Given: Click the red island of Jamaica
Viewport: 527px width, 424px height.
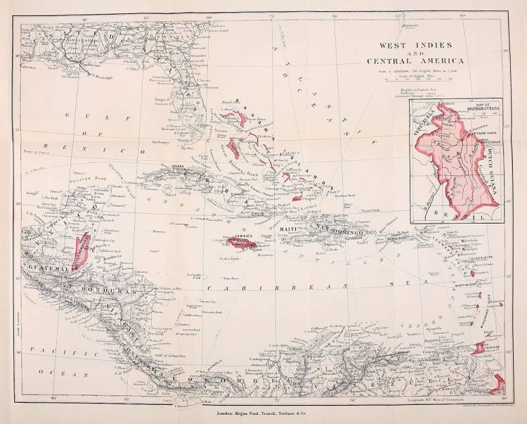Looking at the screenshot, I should click(x=240, y=244).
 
